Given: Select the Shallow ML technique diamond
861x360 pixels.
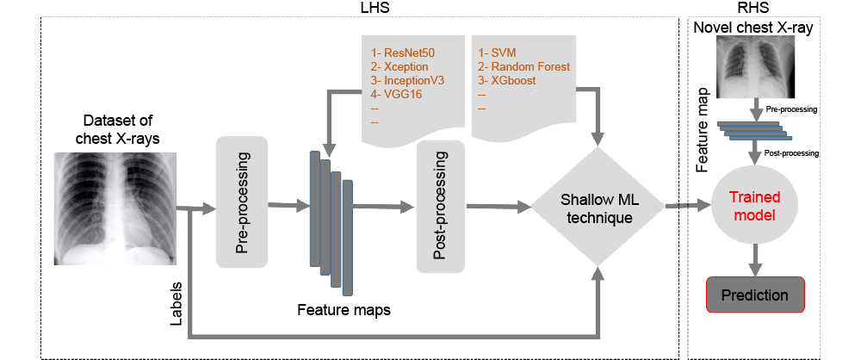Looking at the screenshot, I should click(x=596, y=208).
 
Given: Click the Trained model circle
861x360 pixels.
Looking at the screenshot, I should click(x=756, y=207).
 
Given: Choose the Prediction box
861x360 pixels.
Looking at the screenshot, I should click(x=755, y=295).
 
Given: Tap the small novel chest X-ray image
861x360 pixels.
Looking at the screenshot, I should click(x=755, y=71).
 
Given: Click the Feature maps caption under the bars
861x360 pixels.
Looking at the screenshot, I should click(x=344, y=308).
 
